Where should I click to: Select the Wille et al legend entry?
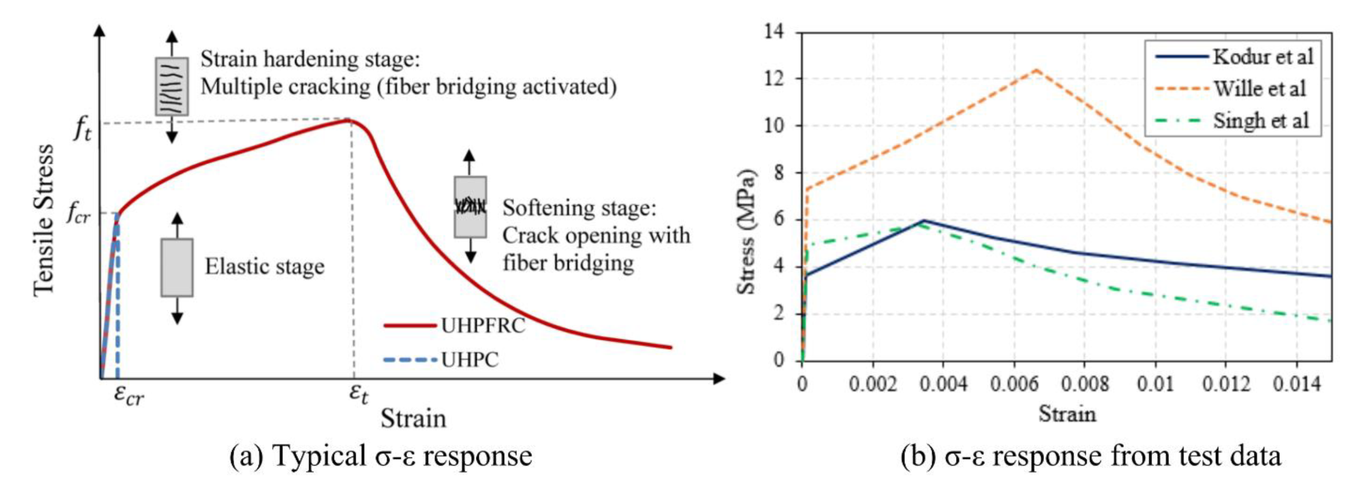click(1259, 88)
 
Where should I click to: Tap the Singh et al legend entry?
click(1261, 121)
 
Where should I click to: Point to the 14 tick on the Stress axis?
click(774, 32)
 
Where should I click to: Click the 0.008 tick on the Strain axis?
click(1084, 384)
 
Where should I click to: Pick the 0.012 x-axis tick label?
click(1226, 384)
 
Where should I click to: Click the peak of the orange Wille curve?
click(1036, 70)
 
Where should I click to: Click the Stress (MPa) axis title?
click(746, 232)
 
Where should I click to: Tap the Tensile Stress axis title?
click(43, 220)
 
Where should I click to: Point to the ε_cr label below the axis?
click(129, 396)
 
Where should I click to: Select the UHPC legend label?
click(470, 360)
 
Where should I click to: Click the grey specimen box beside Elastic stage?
click(177, 268)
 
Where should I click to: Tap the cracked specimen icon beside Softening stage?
click(470, 207)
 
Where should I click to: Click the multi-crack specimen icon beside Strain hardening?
click(172, 86)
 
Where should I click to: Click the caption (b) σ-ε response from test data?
click(1090, 456)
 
